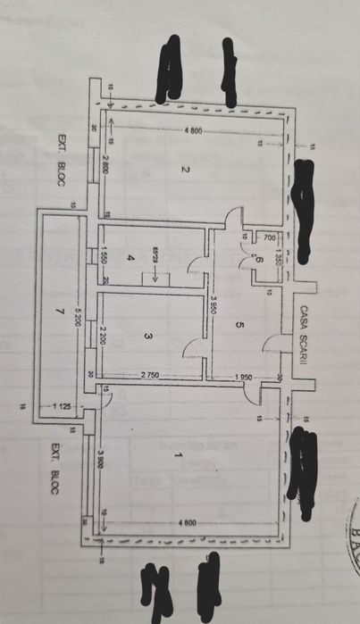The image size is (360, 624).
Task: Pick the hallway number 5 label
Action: point(239,326)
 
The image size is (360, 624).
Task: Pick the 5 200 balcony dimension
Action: point(82,312)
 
